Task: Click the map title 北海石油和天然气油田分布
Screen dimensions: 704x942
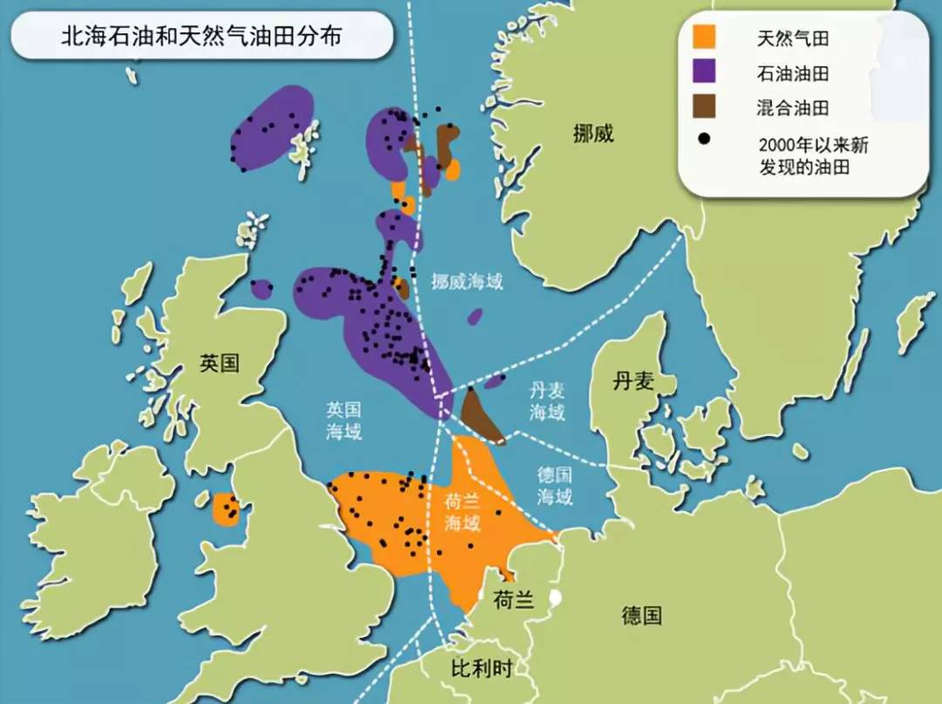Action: [x=201, y=36]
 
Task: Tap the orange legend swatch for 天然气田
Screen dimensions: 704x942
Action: [x=704, y=38]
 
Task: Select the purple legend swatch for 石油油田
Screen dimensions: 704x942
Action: [x=704, y=72]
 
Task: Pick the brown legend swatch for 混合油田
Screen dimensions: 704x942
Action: [x=704, y=107]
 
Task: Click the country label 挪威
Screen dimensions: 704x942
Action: [x=593, y=133]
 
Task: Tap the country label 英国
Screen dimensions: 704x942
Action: [x=219, y=364]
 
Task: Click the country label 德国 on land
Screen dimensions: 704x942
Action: [x=641, y=616]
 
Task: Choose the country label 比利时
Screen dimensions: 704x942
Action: [x=481, y=669]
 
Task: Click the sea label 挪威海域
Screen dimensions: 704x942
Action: [x=467, y=281]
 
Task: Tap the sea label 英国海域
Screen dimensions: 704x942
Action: [x=345, y=420]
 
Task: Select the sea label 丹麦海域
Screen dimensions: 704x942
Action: [x=548, y=401]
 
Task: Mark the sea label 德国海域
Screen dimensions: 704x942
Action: [x=555, y=486]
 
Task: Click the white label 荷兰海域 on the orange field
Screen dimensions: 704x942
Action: [x=462, y=512]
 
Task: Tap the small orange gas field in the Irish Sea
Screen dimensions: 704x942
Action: [x=226, y=509]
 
